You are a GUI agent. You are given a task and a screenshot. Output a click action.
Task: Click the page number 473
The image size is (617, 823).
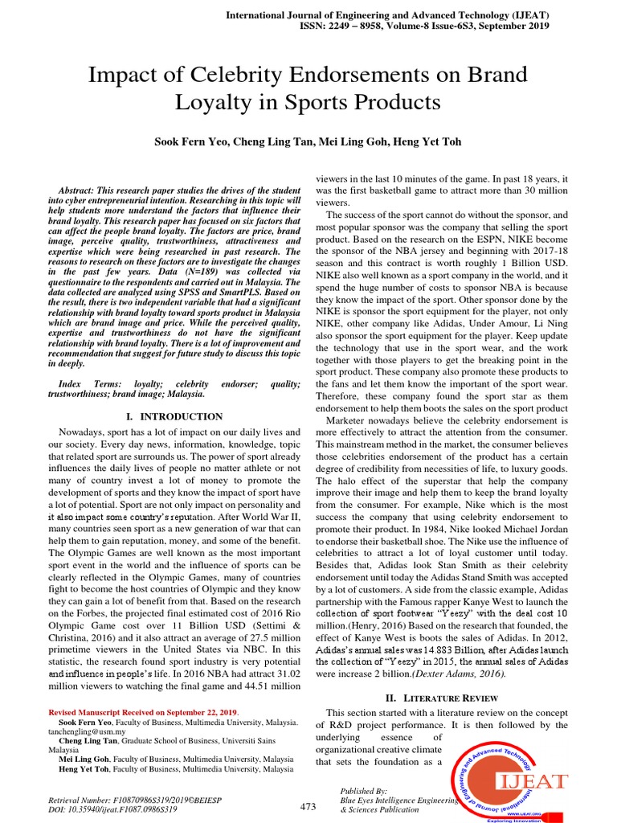(x=308, y=807)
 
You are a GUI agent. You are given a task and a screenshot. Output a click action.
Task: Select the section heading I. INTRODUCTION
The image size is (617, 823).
(x=175, y=416)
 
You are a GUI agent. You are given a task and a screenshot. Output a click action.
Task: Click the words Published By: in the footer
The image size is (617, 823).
(x=364, y=791)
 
